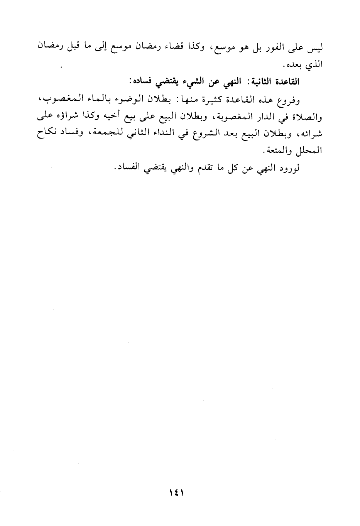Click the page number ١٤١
(x=177, y=493)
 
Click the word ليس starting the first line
(x=316, y=49)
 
